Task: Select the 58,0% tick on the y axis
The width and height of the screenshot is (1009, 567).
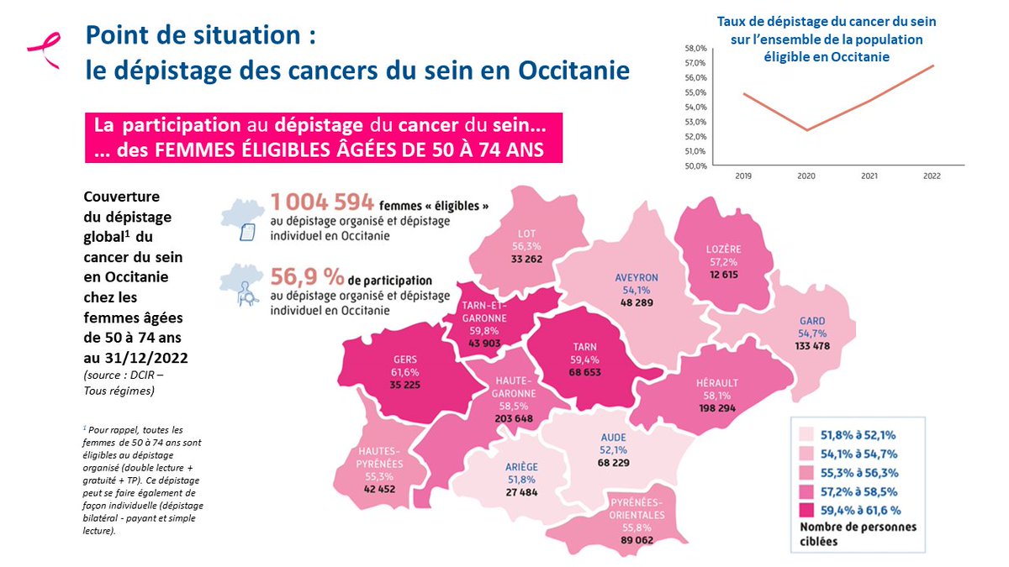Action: coord(696,49)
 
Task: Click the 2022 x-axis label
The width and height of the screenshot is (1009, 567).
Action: coord(932,177)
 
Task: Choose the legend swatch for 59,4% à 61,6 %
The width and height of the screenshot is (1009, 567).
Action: coord(804,509)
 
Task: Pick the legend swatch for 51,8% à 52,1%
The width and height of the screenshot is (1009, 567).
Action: coord(804,435)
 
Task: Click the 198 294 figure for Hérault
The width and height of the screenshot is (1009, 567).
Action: coord(717,407)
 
